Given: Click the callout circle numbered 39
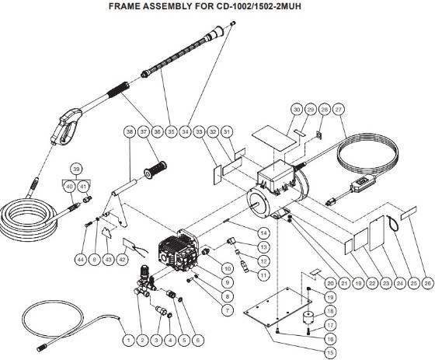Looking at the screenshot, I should (75, 170).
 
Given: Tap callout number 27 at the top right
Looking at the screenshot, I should (338, 110).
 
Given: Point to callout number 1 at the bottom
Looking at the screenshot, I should (127, 340).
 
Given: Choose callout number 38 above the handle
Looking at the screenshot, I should (129, 133).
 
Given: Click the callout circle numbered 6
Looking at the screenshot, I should (199, 340).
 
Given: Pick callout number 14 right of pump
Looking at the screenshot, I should (264, 232).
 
